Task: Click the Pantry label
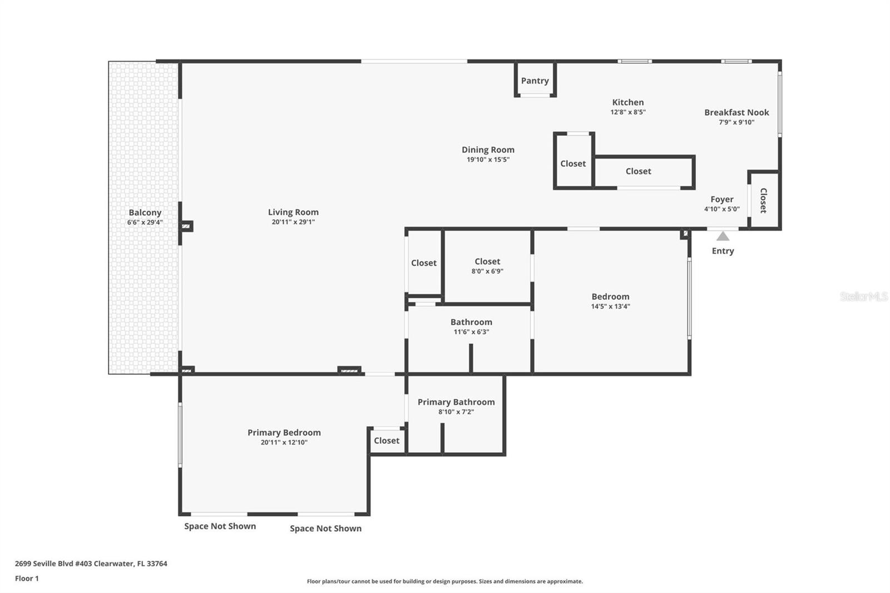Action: [x=535, y=81]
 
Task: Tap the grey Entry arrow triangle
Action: [x=723, y=236]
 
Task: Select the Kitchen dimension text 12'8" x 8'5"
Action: [x=628, y=112]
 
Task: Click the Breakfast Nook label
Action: [x=736, y=112]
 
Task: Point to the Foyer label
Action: [x=722, y=199]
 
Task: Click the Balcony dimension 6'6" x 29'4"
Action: [x=145, y=222]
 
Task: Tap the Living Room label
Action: [x=293, y=213]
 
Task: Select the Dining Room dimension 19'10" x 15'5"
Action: [x=488, y=160]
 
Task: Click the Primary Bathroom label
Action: [x=456, y=402]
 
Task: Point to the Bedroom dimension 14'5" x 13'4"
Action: [x=610, y=306]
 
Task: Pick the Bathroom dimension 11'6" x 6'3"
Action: [x=471, y=332]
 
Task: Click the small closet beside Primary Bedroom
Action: [x=387, y=441]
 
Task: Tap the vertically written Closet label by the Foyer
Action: [x=763, y=201]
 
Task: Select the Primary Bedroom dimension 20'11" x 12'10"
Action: [x=284, y=442]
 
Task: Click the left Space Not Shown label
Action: [x=220, y=526]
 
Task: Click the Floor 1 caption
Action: [x=27, y=579]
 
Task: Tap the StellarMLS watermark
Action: [x=863, y=296]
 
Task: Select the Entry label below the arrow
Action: [x=723, y=251]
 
